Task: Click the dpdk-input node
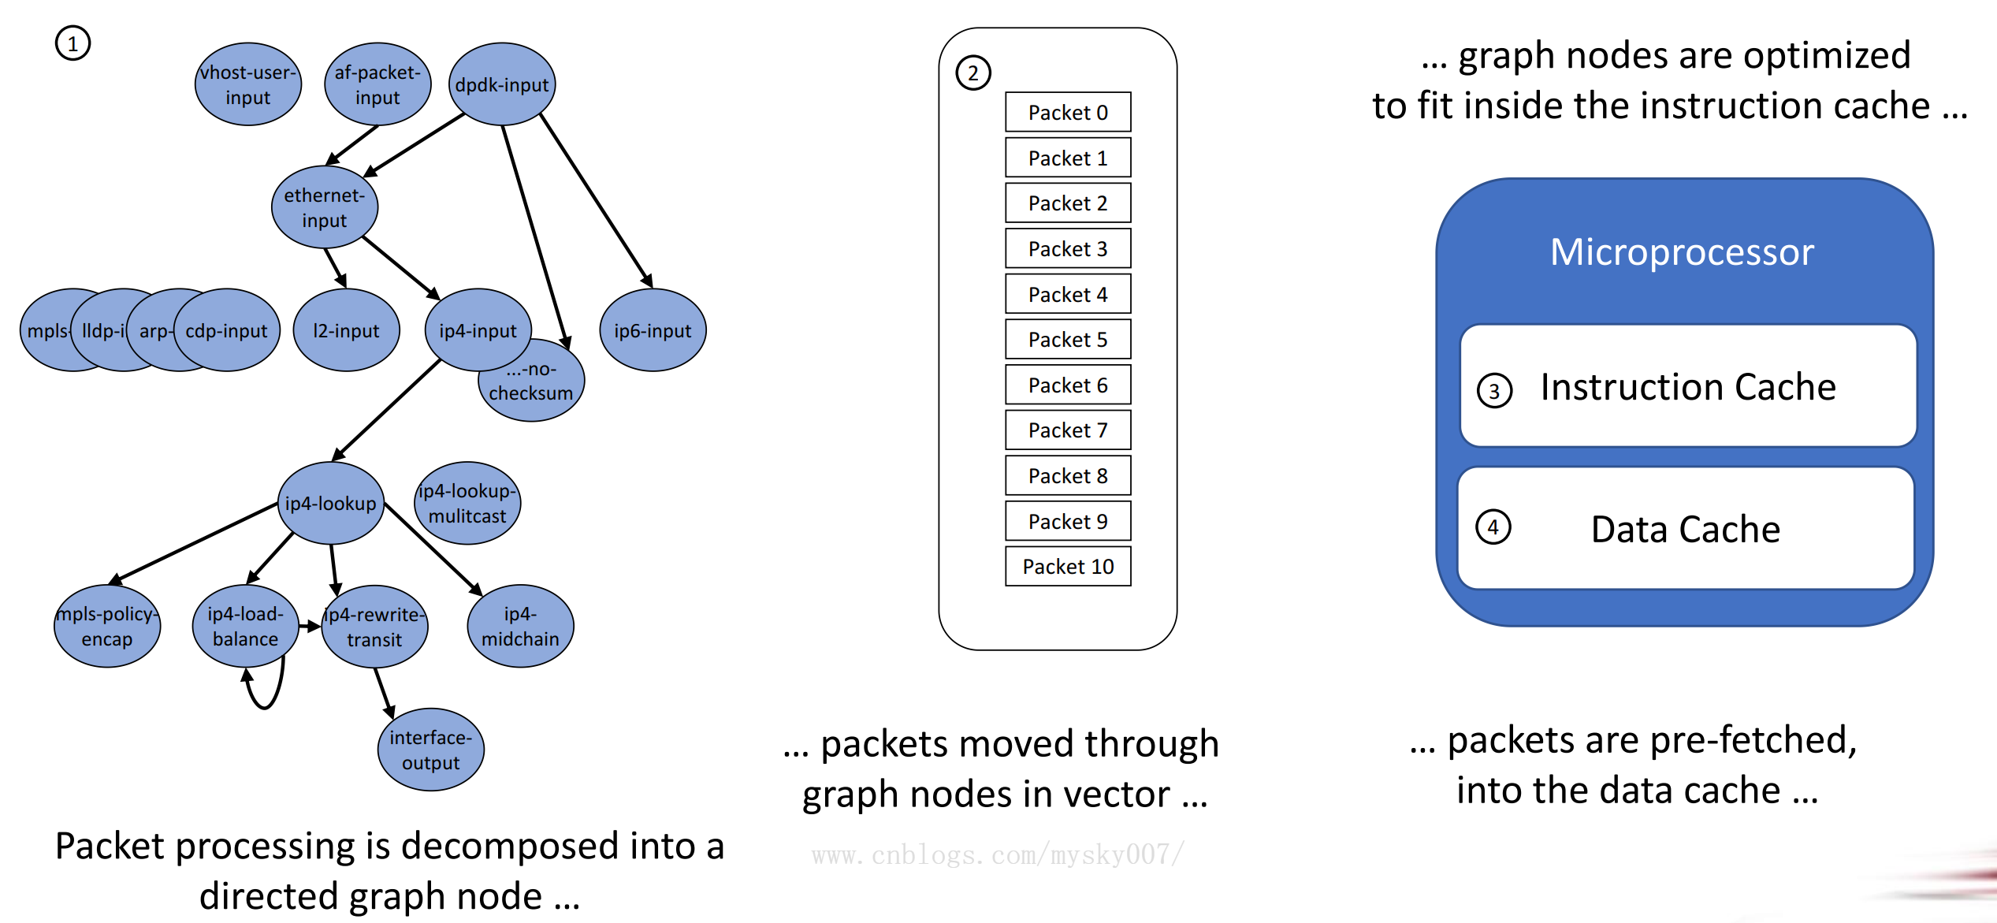(x=502, y=84)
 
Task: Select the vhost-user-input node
(x=247, y=84)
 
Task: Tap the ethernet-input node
(x=324, y=207)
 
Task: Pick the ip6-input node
(x=653, y=330)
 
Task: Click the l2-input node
(x=346, y=330)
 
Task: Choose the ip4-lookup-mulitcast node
(x=467, y=503)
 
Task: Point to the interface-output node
(x=430, y=750)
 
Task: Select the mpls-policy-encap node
(x=107, y=626)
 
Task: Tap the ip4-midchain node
(x=520, y=626)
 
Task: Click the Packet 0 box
(x=1067, y=112)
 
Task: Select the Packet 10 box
(x=1067, y=566)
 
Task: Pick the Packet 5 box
(x=1067, y=339)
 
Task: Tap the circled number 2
(x=972, y=73)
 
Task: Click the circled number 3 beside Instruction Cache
(x=1493, y=391)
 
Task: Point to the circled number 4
(x=1493, y=527)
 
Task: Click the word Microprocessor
(x=1682, y=252)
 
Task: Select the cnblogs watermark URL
(x=997, y=854)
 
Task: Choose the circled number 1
(x=73, y=43)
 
